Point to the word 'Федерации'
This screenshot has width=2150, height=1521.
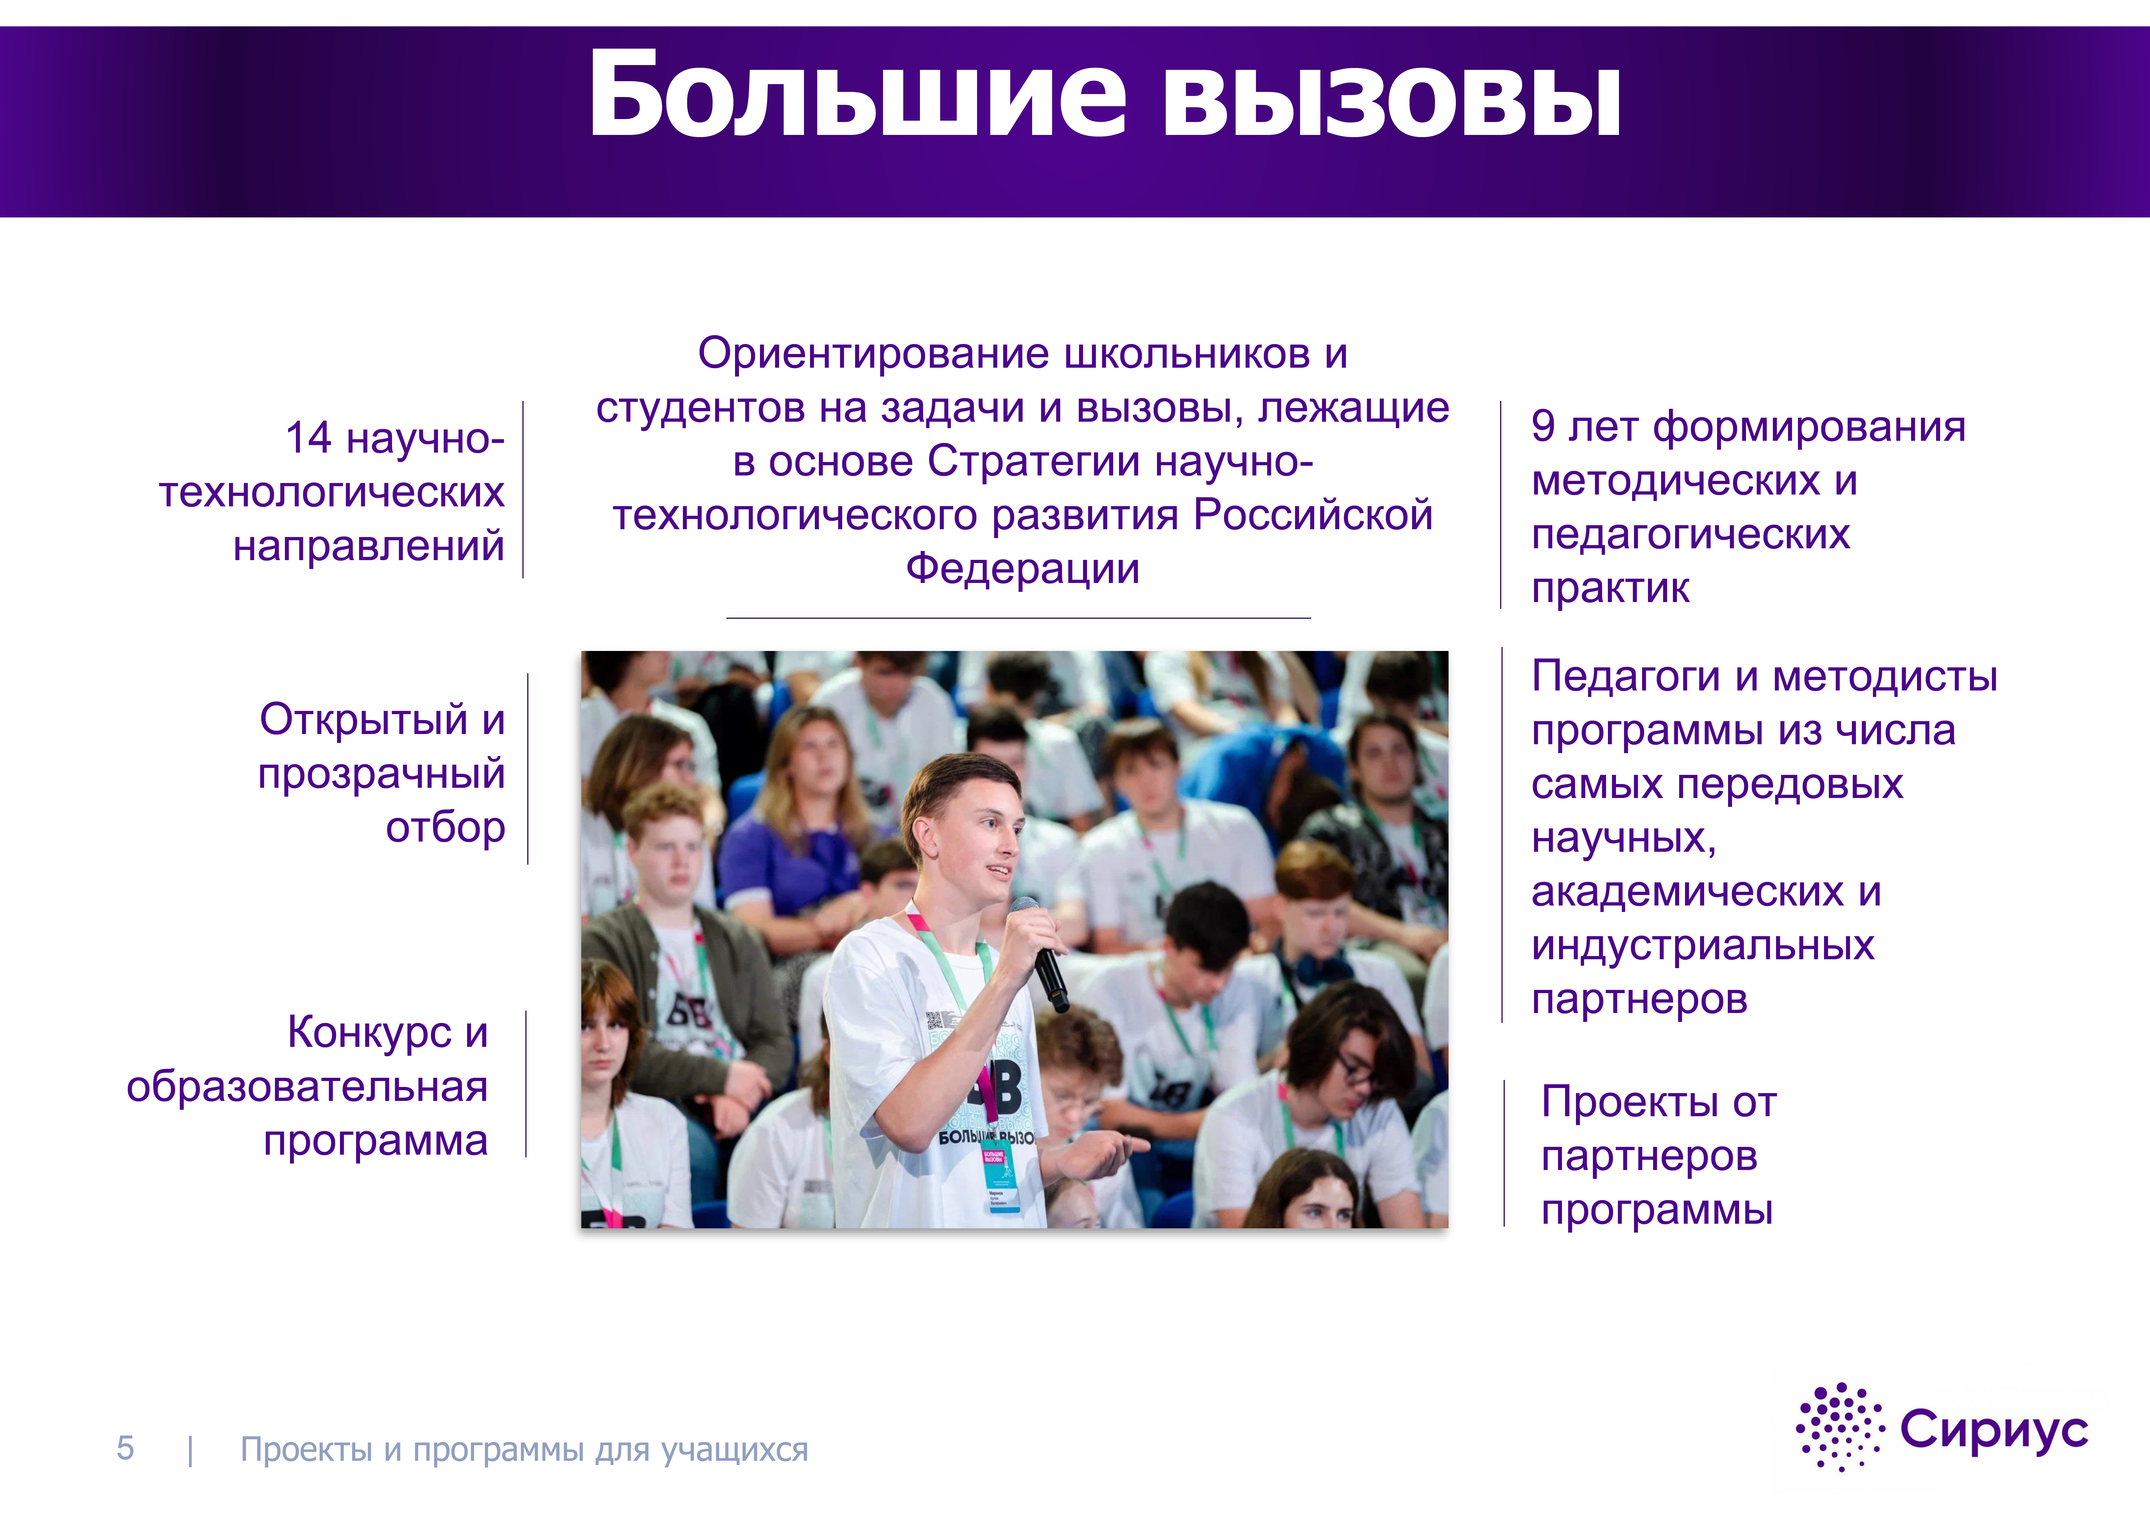(x=1023, y=568)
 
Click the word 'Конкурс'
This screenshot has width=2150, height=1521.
(x=370, y=1033)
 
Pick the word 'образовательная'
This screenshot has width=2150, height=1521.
(x=307, y=1087)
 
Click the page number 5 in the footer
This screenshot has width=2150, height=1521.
(x=126, y=1449)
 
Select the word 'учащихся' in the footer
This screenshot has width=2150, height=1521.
(x=735, y=1451)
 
